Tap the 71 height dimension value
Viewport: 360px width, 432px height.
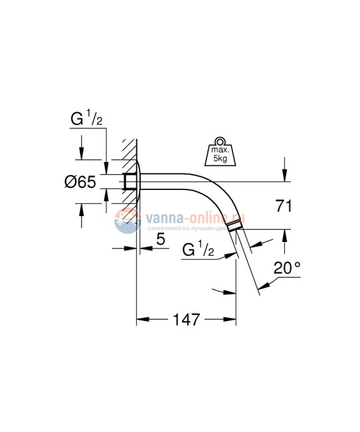[284, 207]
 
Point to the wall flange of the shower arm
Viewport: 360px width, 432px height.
[138, 181]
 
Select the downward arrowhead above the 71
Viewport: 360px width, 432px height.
[284, 176]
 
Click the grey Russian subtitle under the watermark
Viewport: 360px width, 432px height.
[193, 227]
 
